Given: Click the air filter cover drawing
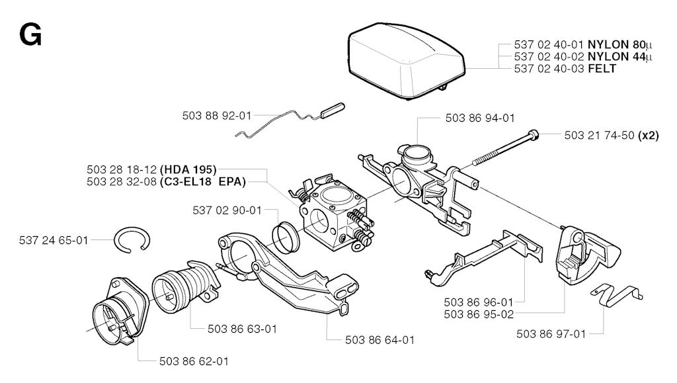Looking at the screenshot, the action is click(406, 61).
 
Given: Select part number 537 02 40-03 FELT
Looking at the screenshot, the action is click(565, 69).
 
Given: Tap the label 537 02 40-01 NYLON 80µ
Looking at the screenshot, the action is click(583, 44).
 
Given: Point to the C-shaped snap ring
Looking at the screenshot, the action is click(132, 239).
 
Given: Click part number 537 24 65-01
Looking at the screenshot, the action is click(54, 240).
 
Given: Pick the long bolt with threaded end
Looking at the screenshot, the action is click(506, 148).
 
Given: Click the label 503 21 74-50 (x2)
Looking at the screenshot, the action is click(612, 136).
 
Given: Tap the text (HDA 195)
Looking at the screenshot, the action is click(188, 170).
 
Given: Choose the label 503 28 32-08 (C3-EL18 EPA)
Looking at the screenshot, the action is click(166, 182).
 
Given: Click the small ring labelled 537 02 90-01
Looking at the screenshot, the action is click(286, 237).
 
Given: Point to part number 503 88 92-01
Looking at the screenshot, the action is click(217, 116).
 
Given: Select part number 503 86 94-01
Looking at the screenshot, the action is click(480, 118).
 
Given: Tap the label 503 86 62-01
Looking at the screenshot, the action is click(194, 361).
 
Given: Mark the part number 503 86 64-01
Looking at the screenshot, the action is click(380, 340).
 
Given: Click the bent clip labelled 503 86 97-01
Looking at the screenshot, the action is click(617, 295).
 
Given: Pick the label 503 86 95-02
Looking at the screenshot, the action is click(479, 314).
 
